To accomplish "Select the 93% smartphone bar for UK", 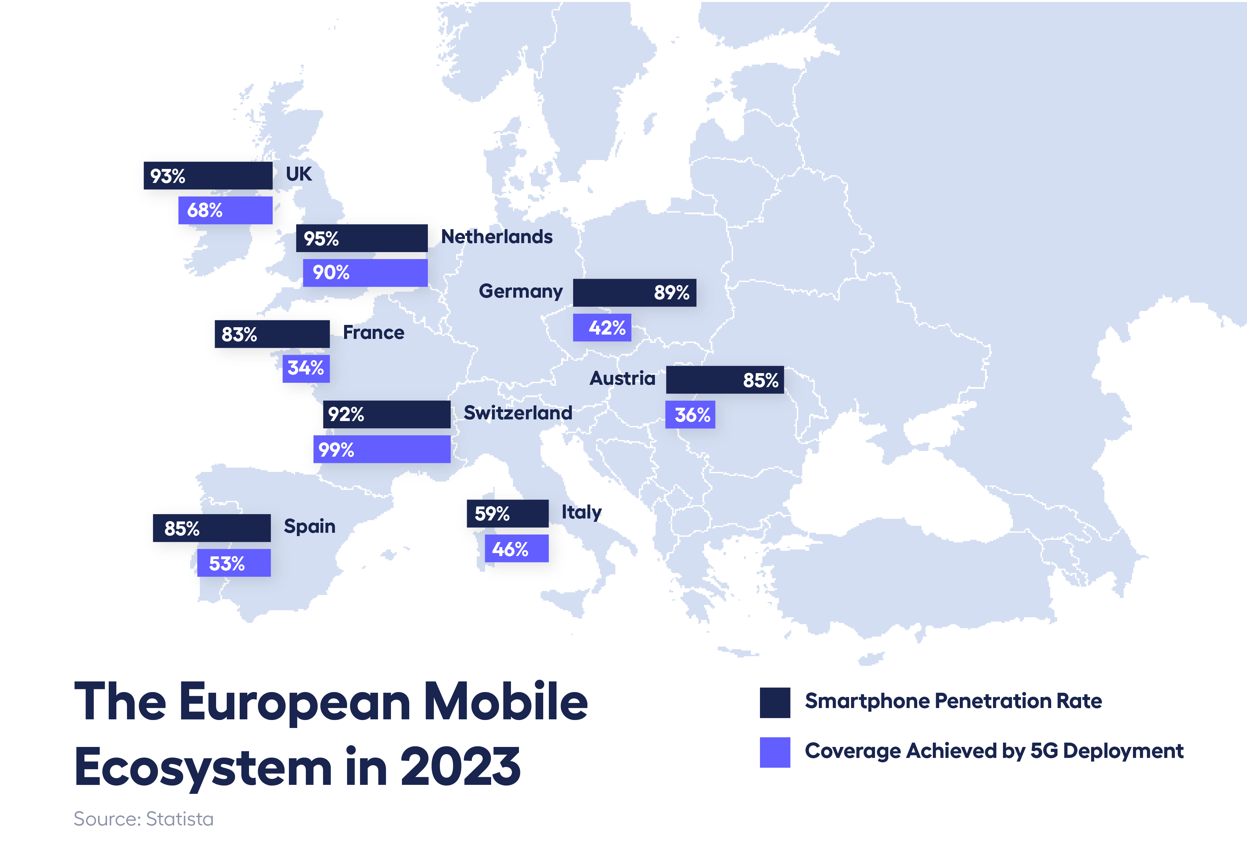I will click(x=208, y=176).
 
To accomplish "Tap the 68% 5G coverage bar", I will click(x=225, y=210).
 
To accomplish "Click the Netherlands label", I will click(x=497, y=237).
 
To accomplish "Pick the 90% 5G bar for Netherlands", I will click(x=365, y=273).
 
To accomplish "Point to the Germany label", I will click(x=521, y=292).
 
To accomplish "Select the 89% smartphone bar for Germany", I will click(x=634, y=293).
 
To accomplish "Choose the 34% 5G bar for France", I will click(x=306, y=368).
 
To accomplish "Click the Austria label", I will click(x=622, y=378).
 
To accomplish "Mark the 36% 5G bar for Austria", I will click(x=690, y=415).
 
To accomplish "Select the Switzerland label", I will click(x=518, y=413).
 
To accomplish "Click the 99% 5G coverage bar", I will click(x=382, y=449).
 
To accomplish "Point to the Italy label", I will click(x=581, y=512).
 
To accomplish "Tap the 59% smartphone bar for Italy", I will click(x=508, y=513).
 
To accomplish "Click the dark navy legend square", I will click(x=775, y=702).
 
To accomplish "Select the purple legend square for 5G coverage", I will click(x=775, y=752).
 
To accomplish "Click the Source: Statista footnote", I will click(x=144, y=819).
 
